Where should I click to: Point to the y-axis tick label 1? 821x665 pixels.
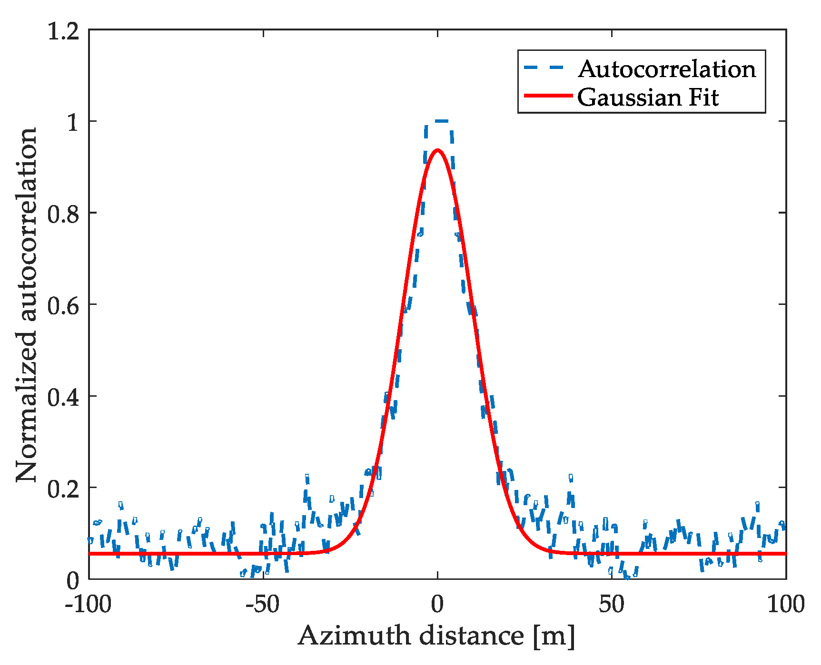(x=73, y=123)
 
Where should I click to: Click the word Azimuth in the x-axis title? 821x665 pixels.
(x=355, y=636)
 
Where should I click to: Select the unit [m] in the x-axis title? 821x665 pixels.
(x=554, y=636)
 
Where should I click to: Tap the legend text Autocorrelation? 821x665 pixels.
(x=667, y=69)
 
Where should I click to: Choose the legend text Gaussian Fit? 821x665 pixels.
(x=648, y=98)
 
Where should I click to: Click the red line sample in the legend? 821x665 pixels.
(x=547, y=96)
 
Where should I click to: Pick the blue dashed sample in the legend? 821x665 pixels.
(x=547, y=68)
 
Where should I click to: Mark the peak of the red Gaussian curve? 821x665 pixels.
(x=437, y=151)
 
